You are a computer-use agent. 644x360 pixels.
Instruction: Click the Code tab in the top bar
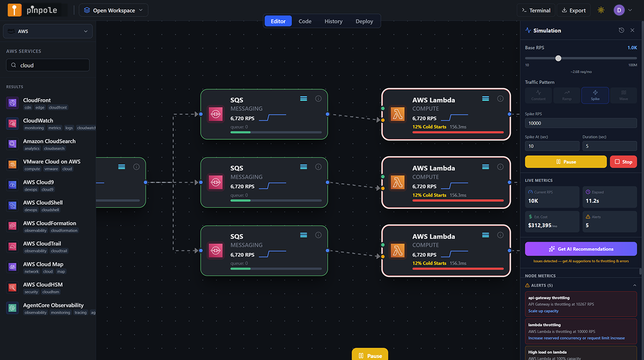[305, 21]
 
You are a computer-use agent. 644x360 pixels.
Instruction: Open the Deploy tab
[364, 21]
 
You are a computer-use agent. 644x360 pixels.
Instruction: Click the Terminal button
[536, 10]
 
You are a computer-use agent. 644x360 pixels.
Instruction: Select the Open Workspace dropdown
[114, 10]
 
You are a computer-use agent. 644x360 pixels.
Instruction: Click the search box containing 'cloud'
[48, 65]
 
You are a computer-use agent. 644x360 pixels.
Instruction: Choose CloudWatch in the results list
[38, 121]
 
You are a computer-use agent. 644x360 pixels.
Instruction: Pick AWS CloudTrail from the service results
[42, 243]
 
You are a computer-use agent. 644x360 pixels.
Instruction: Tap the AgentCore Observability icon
[12, 308]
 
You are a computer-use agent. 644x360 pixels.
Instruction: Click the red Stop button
[623, 162]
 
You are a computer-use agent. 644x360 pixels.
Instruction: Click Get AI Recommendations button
[581, 249]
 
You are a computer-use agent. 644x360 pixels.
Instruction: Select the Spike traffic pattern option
[595, 95]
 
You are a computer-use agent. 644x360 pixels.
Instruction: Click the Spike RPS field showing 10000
[581, 123]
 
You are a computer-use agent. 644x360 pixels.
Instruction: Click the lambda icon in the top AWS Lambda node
[397, 114]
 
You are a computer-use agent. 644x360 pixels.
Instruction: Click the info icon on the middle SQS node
[318, 167]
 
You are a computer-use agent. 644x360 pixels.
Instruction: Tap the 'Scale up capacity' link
[543, 311]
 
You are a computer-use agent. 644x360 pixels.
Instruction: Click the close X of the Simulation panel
[632, 30]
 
